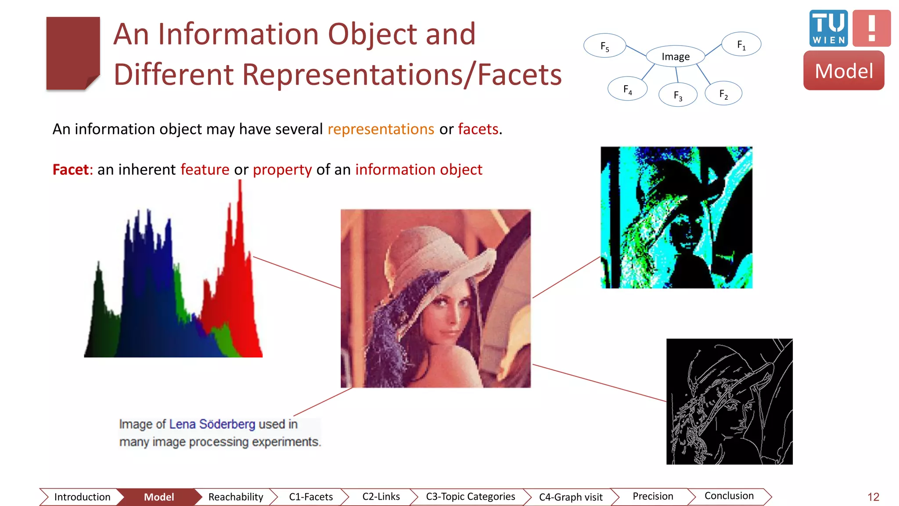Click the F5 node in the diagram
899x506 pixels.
[604, 46]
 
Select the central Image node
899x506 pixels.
[676, 57]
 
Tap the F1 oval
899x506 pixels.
[741, 44]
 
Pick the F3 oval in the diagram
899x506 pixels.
[678, 95]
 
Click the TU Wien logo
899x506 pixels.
[828, 28]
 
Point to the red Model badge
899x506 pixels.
[844, 71]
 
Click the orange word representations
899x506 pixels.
[381, 129]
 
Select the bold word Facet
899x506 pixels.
[71, 170]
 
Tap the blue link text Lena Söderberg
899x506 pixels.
[212, 424]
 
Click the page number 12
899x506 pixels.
[873, 497]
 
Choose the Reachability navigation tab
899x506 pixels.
[236, 497]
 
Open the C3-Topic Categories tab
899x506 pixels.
[470, 496]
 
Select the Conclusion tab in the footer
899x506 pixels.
[729, 496]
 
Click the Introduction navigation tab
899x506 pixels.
[82, 497]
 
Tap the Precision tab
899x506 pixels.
[653, 496]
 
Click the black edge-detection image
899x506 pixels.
[729, 401]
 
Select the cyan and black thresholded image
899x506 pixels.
[676, 217]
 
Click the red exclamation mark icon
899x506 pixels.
[872, 28]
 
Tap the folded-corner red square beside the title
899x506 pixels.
[73, 53]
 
